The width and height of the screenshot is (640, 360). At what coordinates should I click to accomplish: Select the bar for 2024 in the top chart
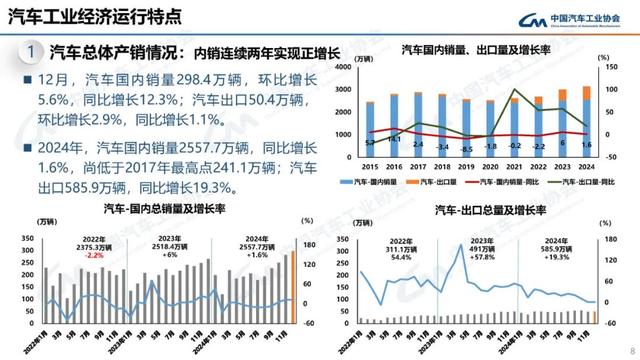point(587,125)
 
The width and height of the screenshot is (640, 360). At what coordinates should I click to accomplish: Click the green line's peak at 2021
point(514,90)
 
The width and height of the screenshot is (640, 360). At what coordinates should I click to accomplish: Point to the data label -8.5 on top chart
point(466,149)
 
